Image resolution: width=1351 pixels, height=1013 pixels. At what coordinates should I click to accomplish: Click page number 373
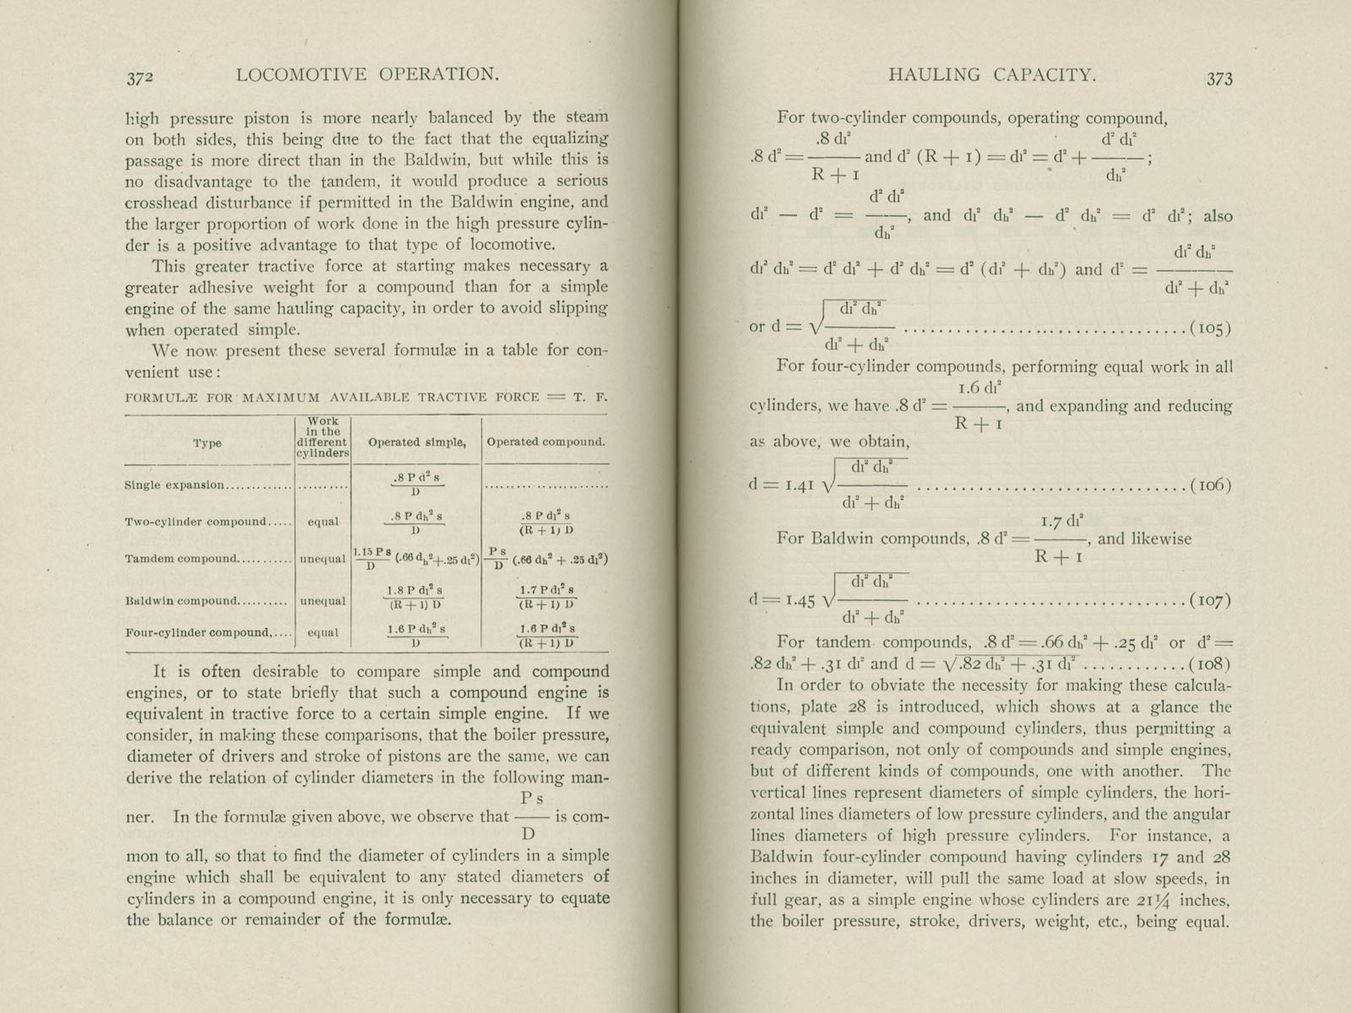click(x=1219, y=79)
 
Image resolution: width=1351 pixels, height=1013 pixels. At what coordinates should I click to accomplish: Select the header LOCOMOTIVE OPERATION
click(x=367, y=75)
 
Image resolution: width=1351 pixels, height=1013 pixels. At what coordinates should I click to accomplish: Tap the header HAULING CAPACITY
click(x=992, y=75)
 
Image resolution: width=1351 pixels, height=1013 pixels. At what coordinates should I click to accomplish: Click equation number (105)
click(x=1209, y=328)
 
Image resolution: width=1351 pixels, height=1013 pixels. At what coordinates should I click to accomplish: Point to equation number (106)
click(x=1209, y=485)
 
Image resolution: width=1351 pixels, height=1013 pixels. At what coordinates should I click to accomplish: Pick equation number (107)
click(x=1209, y=600)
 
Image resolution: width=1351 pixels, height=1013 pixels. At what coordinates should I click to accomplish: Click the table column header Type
click(x=207, y=442)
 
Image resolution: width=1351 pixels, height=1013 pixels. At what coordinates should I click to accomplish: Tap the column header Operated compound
click(x=545, y=441)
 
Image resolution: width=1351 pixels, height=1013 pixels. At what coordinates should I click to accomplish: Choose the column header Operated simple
click(x=417, y=441)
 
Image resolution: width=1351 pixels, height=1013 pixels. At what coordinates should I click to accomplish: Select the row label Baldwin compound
click(x=182, y=601)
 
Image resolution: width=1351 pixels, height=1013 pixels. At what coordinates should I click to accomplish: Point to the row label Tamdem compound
click(x=182, y=559)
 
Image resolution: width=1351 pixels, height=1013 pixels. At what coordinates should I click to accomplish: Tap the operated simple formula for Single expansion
click(x=416, y=485)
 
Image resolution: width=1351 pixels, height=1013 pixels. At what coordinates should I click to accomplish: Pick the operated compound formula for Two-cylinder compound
click(x=546, y=523)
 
